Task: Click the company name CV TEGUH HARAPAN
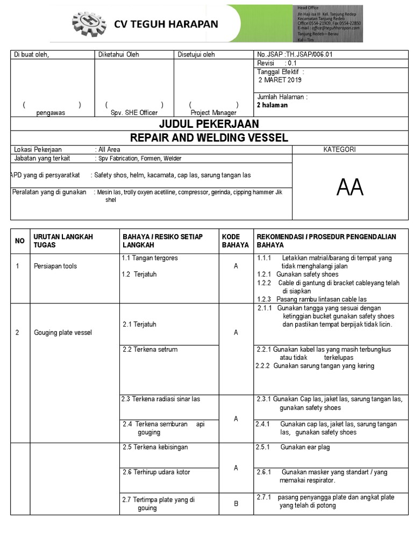(165, 24)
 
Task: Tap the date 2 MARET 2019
(280, 80)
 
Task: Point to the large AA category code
(350, 187)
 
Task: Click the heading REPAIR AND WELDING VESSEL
(209, 137)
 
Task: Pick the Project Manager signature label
(213, 113)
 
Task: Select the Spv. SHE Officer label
(134, 113)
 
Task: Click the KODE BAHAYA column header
(235, 241)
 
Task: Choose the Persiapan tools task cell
(55, 266)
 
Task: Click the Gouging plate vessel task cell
(62, 332)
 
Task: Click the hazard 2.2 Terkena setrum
(150, 350)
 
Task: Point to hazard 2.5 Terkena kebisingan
(155, 447)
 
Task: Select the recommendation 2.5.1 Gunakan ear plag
(294, 447)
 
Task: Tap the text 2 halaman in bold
(273, 105)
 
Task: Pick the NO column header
(20, 241)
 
